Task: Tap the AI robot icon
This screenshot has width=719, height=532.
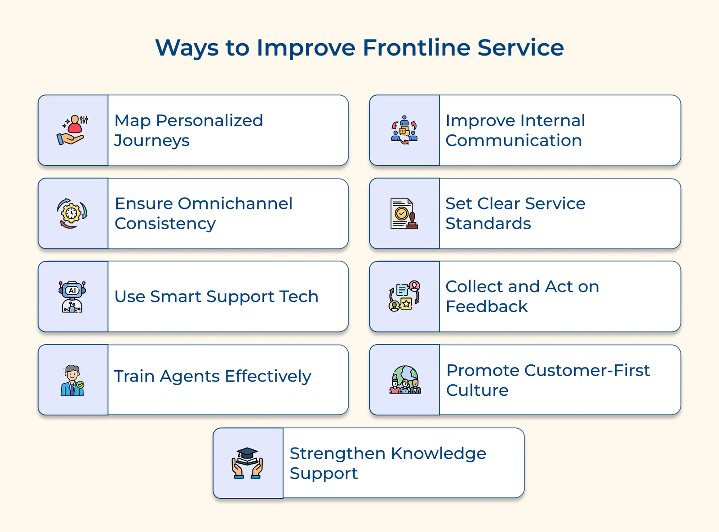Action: tap(72, 297)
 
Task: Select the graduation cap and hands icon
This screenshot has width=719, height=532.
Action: tap(247, 463)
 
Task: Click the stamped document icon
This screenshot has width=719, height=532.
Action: tap(404, 213)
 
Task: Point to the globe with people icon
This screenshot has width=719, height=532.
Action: tap(404, 380)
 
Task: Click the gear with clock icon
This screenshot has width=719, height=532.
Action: tap(72, 213)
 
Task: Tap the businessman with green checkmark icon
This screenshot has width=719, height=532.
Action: tap(72, 380)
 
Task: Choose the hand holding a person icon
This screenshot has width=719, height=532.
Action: tap(72, 130)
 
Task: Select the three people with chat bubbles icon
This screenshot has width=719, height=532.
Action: tap(404, 130)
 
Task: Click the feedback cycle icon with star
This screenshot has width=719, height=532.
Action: tap(404, 297)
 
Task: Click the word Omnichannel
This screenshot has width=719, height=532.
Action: tap(235, 204)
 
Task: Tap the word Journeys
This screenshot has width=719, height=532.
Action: tap(151, 141)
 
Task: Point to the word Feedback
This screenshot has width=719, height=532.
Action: tap(486, 306)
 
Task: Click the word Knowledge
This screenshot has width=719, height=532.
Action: tap(438, 453)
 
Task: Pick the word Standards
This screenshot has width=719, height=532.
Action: tap(488, 223)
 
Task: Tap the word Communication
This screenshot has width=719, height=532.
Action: tap(514, 141)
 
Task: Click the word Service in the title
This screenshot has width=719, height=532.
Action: tap(520, 48)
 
